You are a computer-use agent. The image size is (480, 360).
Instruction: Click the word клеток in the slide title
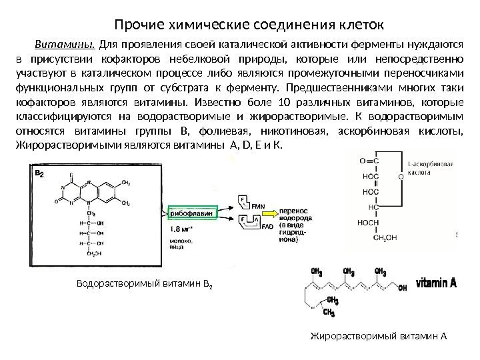click(x=359, y=25)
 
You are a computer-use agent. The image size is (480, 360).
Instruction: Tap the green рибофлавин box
click(x=191, y=213)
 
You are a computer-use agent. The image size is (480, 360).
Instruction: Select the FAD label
click(x=249, y=226)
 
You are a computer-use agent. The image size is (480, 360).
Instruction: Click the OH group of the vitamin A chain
click(x=401, y=289)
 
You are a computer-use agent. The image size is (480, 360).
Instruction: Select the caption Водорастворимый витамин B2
click(x=144, y=285)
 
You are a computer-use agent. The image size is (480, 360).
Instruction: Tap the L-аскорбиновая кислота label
click(x=430, y=167)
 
